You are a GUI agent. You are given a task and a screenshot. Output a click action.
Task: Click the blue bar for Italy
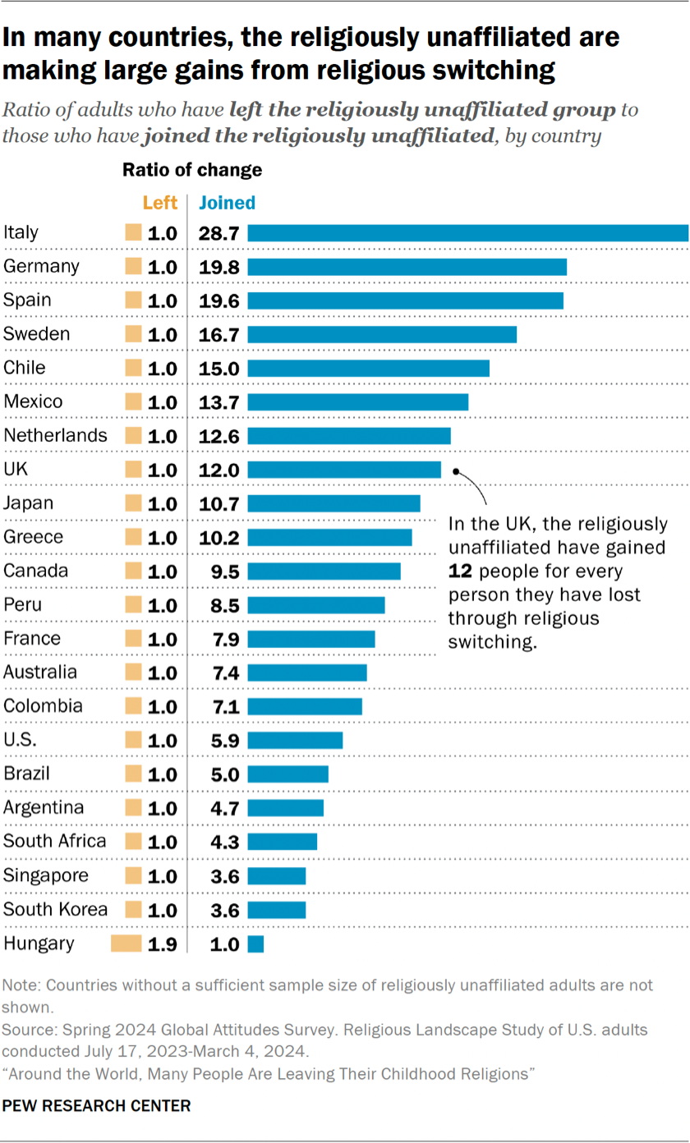click(x=467, y=233)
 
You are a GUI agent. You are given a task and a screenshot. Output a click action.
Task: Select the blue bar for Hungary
click(x=255, y=944)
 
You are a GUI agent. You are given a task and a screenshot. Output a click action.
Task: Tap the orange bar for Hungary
click(x=126, y=944)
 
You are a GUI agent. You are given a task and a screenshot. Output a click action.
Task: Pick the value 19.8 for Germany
click(x=218, y=267)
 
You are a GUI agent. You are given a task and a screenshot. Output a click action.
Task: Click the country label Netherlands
click(x=55, y=435)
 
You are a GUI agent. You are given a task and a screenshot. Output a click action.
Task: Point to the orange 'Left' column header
click(x=159, y=203)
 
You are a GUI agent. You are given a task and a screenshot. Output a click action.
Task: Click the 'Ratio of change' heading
click(x=192, y=170)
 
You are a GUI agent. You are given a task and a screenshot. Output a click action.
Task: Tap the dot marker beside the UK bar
click(x=456, y=472)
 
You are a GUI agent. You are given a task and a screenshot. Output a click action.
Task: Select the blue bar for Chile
click(x=368, y=368)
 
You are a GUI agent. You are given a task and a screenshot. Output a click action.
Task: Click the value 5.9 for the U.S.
click(x=218, y=740)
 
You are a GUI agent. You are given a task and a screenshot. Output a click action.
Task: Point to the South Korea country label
click(x=55, y=909)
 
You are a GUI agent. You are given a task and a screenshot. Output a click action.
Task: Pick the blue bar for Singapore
click(x=276, y=876)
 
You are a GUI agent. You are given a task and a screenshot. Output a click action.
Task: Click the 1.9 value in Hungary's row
click(x=162, y=944)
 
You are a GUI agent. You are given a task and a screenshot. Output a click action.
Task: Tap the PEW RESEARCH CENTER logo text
click(x=96, y=1106)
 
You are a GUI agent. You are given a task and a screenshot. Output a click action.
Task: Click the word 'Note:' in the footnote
click(x=22, y=985)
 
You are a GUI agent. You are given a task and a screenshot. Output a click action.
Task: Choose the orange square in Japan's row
click(x=132, y=503)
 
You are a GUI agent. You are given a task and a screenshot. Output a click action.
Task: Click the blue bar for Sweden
click(x=382, y=334)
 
